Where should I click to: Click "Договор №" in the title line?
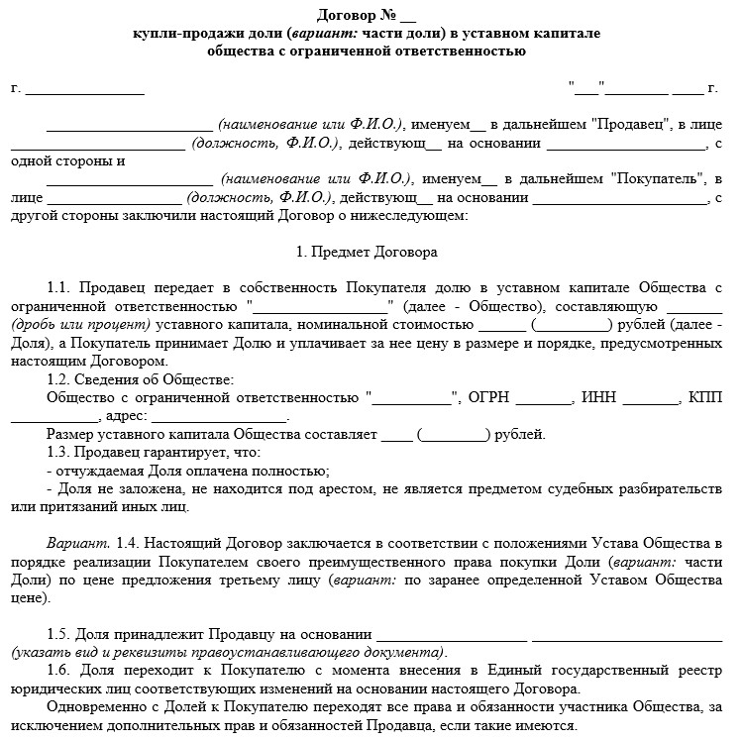pyautogui.click(x=353, y=14)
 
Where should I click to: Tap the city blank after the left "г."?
pyautogui.click(x=85, y=90)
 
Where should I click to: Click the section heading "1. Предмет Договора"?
pyautogui.click(x=367, y=253)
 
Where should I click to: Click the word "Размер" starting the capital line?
pyautogui.click(x=72, y=434)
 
